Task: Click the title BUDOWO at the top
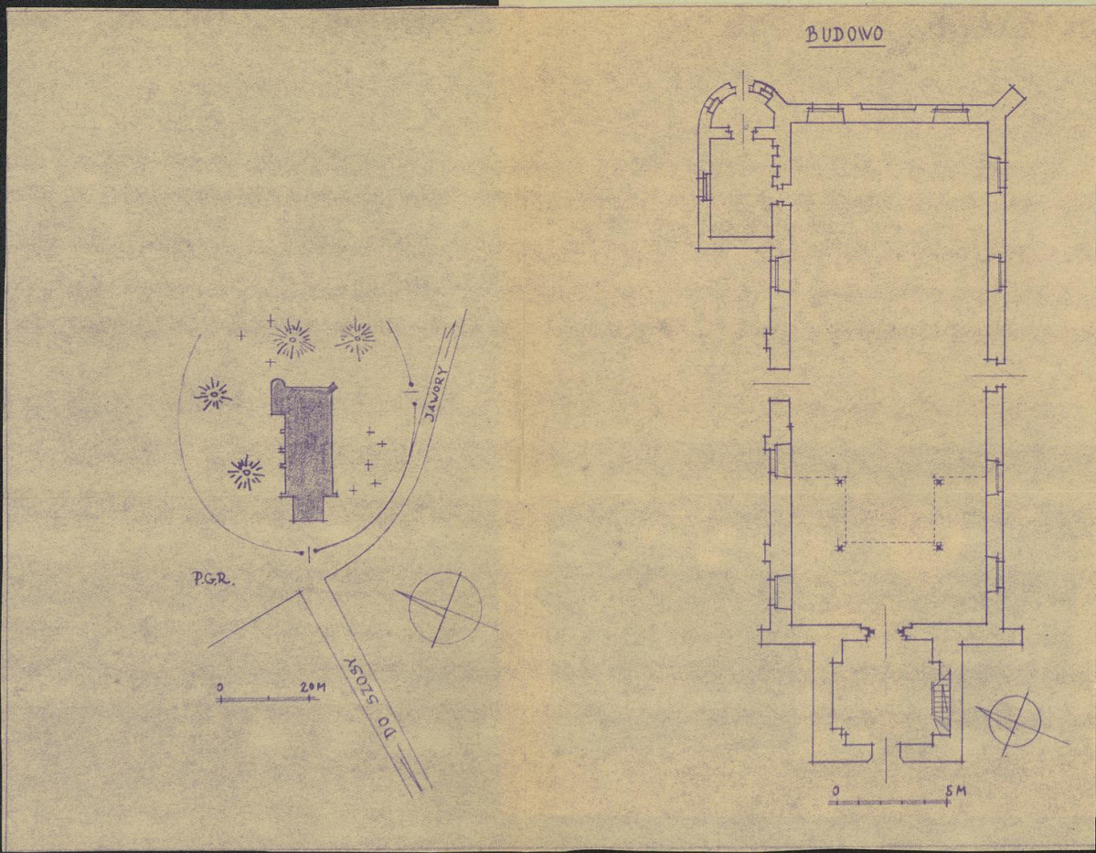coord(845,35)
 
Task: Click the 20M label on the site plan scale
coord(313,687)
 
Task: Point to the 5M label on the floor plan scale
coord(956,791)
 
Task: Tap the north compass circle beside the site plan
coord(445,608)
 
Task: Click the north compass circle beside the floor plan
coord(1015,722)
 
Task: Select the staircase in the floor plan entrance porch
coord(942,698)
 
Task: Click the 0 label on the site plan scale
coord(219,688)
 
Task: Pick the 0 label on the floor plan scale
coord(836,791)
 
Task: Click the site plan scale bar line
coord(269,698)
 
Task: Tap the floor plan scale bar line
coord(889,802)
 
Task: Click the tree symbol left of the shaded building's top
coord(213,396)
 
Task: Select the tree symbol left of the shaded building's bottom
coord(246,473)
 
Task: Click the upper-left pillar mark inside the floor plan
coord(840,481)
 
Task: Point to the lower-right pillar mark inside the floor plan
coord(940,546)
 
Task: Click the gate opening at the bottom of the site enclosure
coord(308,552)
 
